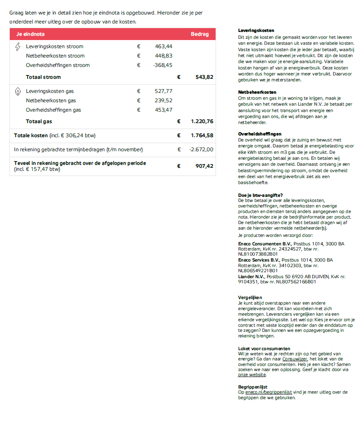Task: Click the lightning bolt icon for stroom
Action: [x=17, y=46]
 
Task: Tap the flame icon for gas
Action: [x=17, y=91]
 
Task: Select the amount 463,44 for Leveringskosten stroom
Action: [x=164, y=46]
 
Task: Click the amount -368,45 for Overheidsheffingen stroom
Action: [x=163, y=65]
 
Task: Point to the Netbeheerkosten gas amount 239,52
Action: [x=164, y=101]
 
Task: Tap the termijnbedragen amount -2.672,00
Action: [x=201, y=150]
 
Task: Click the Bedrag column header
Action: [x=200, y=34]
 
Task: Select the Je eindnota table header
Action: [x=30, y=34]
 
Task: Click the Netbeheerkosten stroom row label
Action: [x=55, y=56]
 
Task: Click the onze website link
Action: [x=252, y=375]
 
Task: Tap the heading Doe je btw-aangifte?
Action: [x=260, y=195]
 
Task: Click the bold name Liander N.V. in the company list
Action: [x=251, y=276]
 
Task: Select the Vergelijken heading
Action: [x=250, y=297]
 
